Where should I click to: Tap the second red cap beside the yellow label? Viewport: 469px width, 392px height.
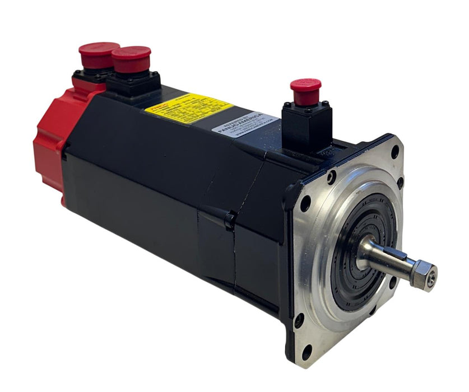point(131,59)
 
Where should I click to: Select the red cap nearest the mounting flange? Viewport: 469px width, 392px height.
point(305,91)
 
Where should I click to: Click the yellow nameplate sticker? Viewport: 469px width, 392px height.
point(188,107)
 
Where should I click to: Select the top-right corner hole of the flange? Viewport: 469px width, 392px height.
point(394,151)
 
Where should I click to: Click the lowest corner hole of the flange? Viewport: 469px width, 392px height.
point(307,352)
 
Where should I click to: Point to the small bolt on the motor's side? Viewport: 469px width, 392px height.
point(229,219)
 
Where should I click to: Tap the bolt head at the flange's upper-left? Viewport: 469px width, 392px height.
point(331,179)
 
